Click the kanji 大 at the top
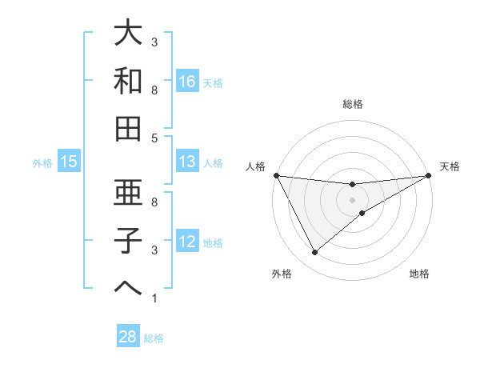tap(128, 34)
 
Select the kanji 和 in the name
tap(128, 81)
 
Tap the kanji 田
tap(128, 128)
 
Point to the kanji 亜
tap(128, 193)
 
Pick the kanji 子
tap(128, 240)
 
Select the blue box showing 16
tap(186, 81)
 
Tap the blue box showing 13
tap(186, 162)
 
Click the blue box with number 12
tap(186, 241)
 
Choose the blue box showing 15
tap(69, 162)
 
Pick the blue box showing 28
tap(128, 337)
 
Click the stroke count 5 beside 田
tap(154, 138)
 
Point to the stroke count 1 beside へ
tap(154, 298)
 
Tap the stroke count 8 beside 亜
tap(154, 202)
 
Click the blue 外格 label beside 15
tap(42, 162)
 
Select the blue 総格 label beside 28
tap(154, 338)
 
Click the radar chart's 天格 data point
tap(428, 176)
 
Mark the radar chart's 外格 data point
tap(314, 253)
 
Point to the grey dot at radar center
tap(352, 199)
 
